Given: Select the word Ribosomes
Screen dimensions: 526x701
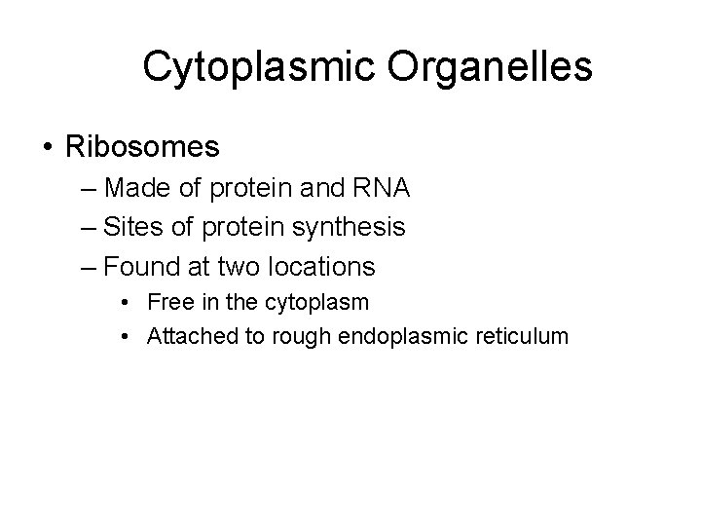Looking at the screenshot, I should click(142, 147).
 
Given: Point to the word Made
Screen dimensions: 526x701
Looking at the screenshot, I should click(137, 187).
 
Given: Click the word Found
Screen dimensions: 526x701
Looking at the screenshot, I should click(141, 266).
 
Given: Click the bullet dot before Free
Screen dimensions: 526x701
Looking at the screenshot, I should click(129, 303).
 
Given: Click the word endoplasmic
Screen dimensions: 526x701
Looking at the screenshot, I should click(385, 338).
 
